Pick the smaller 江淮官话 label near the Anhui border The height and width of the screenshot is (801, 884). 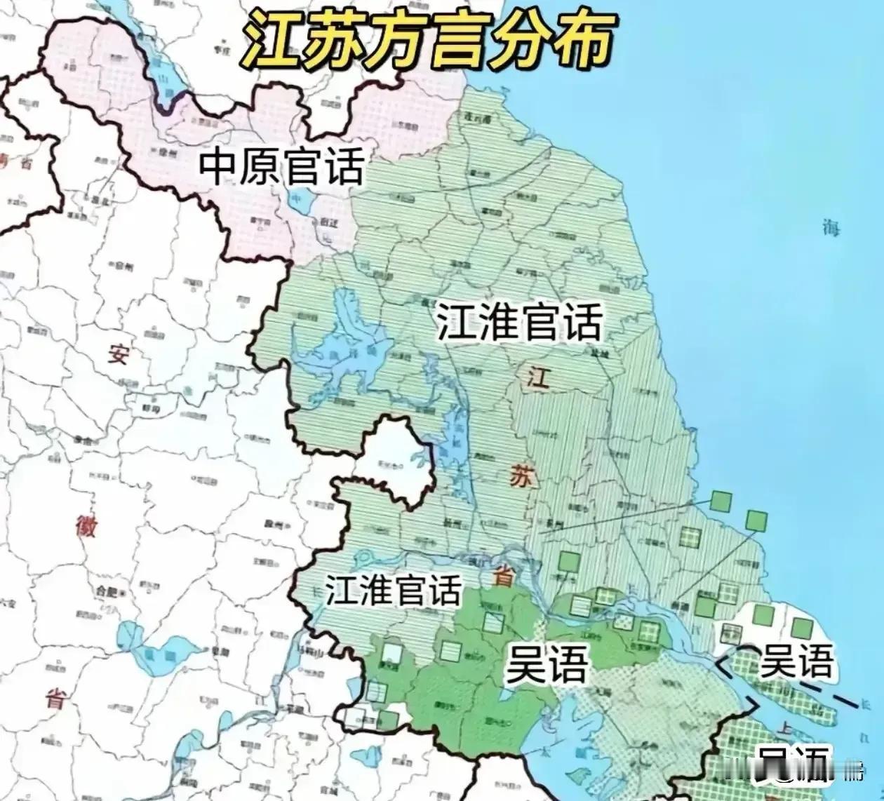click(x=393, y=590)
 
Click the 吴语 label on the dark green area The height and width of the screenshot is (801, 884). click(x=546, y=664)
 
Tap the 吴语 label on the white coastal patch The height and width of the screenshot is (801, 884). click(x=797, y=660)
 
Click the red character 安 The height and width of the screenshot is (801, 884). click(x=117, y=354)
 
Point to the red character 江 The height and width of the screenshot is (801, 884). click(x=538, y=377)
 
